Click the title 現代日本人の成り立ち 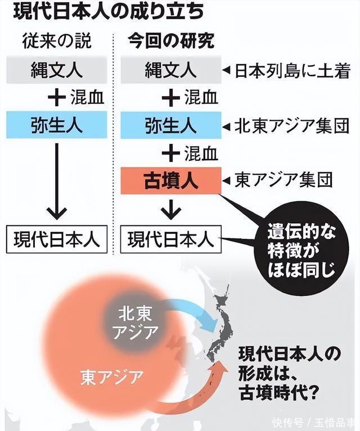109,12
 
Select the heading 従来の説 57,41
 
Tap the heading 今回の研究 171,41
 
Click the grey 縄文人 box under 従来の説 57,70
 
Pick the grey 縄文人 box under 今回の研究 171,70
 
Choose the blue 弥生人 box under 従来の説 57,125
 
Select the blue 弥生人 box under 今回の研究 171,125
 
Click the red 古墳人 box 171,180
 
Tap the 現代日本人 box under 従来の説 57,239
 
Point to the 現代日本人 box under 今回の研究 171,239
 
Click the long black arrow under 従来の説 57,181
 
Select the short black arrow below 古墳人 171,210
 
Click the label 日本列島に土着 292,71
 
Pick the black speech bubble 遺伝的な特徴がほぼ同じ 301,248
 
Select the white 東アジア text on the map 112,377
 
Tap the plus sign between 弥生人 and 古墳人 171,153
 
